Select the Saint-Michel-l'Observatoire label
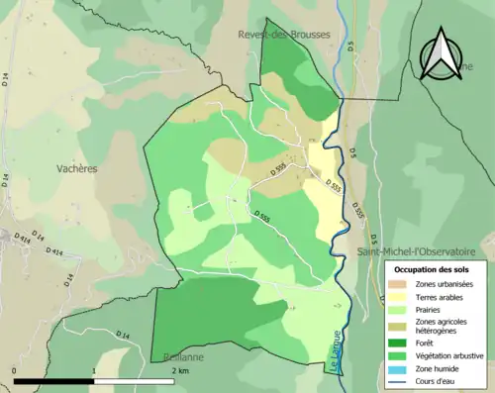tap(414, 251)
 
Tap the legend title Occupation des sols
tap(432, 269)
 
